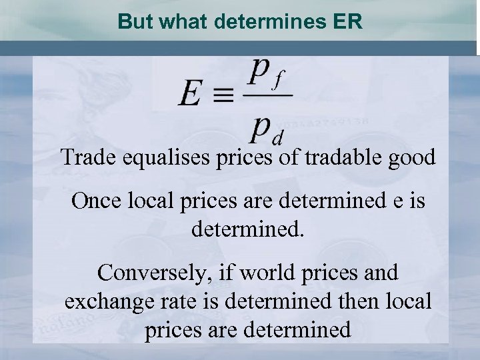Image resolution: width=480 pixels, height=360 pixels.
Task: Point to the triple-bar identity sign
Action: point(223,97)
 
